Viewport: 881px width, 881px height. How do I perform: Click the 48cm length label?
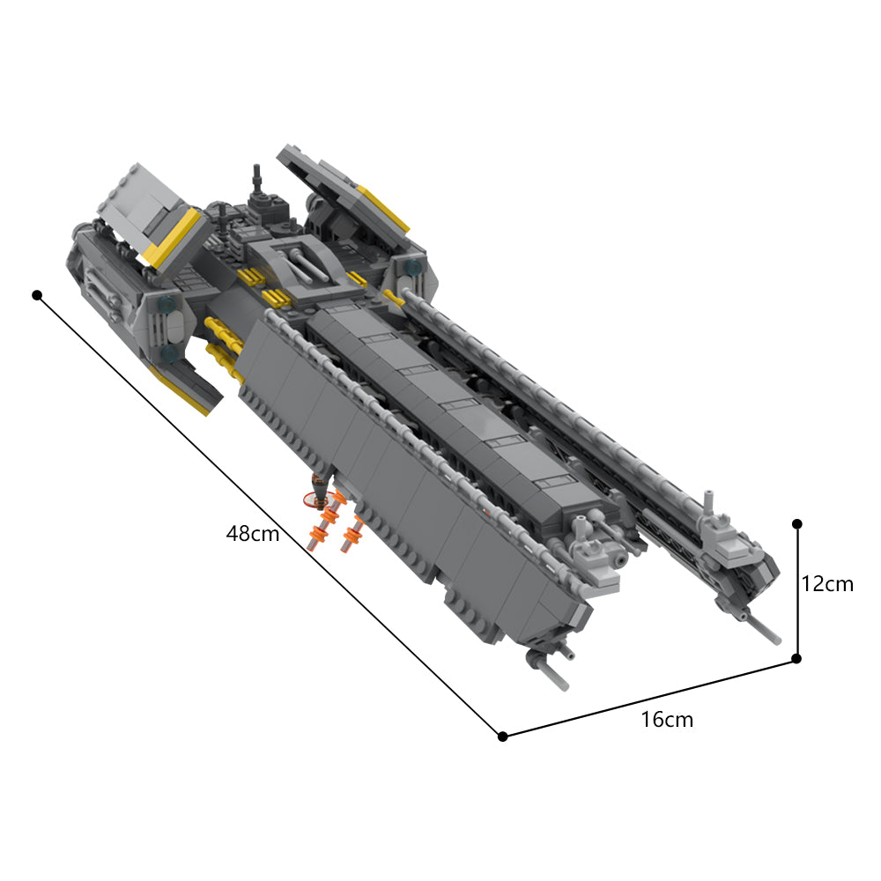click(x=253, y=533)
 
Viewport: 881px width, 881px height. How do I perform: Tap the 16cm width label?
click(x=667, y=720)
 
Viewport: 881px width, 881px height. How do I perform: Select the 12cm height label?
click(x=827, y=583)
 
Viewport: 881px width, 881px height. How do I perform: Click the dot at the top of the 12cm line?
click(x=796, y=523)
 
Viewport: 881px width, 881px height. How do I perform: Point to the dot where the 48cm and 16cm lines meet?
click(x=502, y=736)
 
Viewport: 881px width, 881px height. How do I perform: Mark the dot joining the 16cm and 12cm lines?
click(x=796, y=658)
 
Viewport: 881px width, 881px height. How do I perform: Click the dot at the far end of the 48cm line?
click(x=37, y=294)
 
